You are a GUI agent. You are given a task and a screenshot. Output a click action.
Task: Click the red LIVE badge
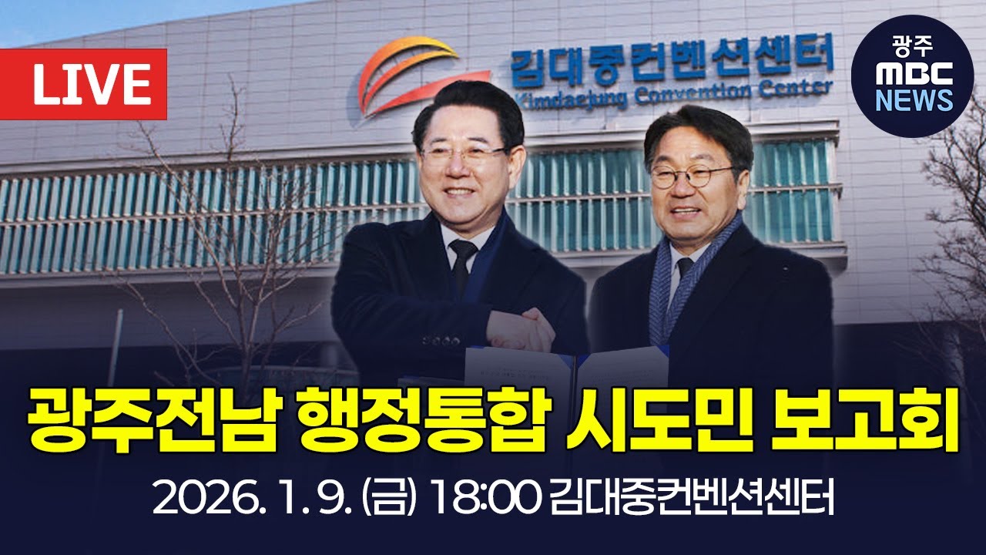pos(91,85)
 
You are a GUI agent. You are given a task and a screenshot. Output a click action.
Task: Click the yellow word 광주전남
pos(148,421)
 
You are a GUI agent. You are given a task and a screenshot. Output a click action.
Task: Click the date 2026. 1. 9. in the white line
pos(251,500)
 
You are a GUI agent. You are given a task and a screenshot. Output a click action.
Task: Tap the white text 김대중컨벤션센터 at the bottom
pos(693,500)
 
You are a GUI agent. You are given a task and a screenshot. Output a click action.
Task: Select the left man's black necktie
pos(463,266)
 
